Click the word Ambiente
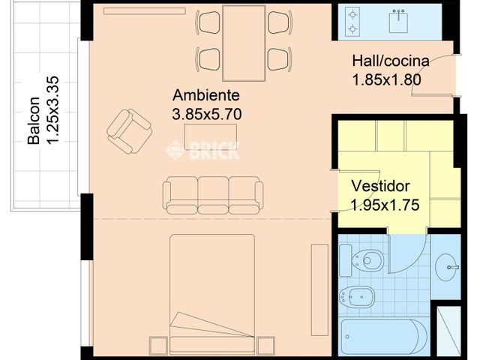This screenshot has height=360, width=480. point(205,96)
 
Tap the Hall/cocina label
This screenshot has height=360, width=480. point(390,61)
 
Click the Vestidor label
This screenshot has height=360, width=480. point(381,185)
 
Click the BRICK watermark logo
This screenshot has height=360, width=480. point(203,151)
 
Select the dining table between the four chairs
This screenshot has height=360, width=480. point(244,43)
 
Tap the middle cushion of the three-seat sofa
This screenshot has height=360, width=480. point(213,193)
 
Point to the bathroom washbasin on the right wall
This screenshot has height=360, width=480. point(450,265)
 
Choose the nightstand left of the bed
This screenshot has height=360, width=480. point(158,346)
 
